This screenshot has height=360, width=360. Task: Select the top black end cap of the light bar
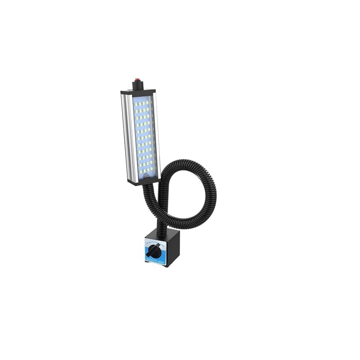[x=138, y=91]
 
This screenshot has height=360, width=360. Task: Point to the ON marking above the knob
[x=148, y=242]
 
